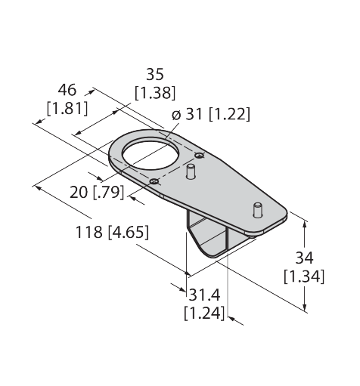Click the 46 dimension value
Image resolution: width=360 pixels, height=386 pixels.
coord(67,91)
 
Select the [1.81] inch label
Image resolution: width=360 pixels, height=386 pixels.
coord(67,109)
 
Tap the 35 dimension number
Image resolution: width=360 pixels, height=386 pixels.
coord(155,75)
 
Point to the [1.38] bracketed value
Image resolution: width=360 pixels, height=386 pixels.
coord(155,93)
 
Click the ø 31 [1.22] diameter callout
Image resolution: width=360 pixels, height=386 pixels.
coord(211,114)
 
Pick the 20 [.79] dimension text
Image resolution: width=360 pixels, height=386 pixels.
coord(97,193)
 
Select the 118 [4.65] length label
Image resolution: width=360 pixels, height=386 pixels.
coord(112,232)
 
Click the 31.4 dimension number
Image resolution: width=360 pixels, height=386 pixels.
coord(204,295)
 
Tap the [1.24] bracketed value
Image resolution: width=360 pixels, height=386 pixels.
coord(204,313)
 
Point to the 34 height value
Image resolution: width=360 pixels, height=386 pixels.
coord(304,258)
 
